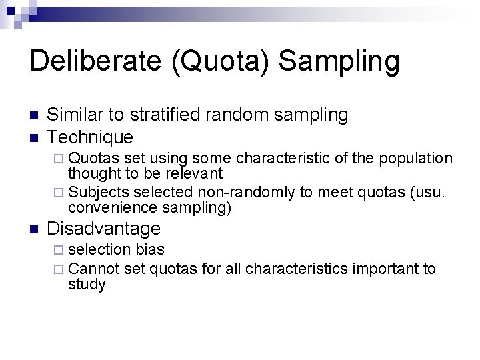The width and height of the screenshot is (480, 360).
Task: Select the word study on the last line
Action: point(87,285)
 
